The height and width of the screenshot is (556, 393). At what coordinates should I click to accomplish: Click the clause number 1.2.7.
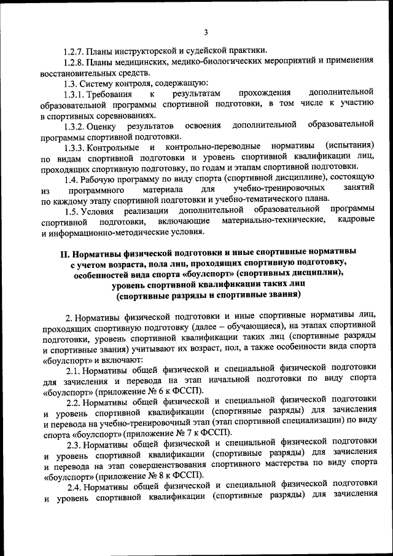coord(74,50)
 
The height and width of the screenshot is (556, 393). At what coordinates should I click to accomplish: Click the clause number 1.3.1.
coord(74,93)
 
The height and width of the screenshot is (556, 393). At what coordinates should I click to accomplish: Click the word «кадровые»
coord(356,222)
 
